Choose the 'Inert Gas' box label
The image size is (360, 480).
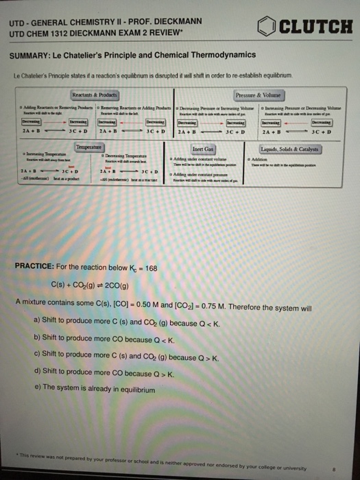203,149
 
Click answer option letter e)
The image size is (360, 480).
37,393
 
